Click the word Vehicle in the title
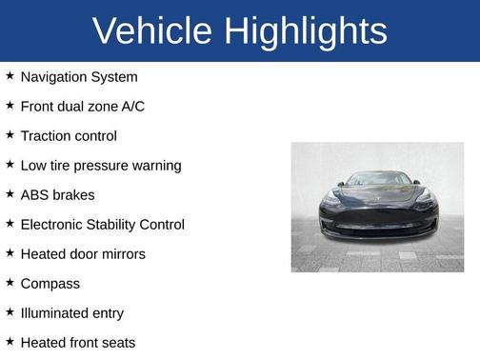(x=153, y=31)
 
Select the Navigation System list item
(x=79, y=77)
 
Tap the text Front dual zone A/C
(x=83, y=107)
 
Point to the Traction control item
(x=69, y=136)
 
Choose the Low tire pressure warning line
(x=101, y=166)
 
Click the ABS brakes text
(x=57, y=195)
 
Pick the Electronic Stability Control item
(x=103, y=225)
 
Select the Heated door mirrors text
(x=83, y=254)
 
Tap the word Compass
(x=50, y=284)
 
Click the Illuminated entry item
(x=72, y=313)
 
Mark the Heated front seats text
(x=78, y=343)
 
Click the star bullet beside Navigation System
(x=10, y=76)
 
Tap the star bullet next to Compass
(x=10, y=283)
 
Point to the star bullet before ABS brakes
(x=10, y=194)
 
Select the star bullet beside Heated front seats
(x=10, y=342)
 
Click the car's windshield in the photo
(x=377, y=179)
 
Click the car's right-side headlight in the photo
(x=424, y=196)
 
